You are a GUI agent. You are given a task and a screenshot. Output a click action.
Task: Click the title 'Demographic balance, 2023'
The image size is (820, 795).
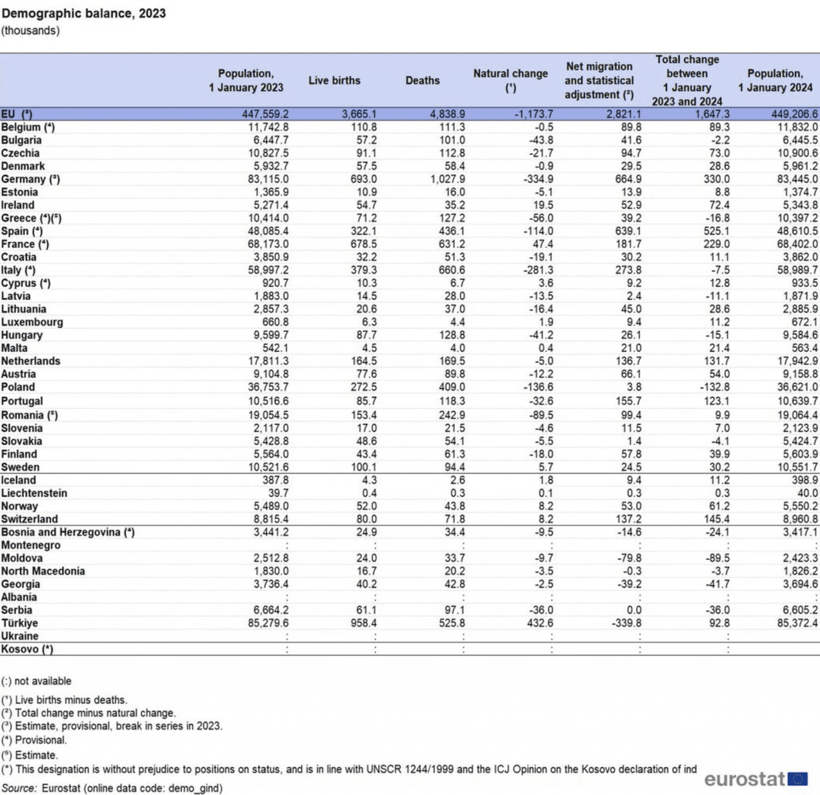(x=84, y=13)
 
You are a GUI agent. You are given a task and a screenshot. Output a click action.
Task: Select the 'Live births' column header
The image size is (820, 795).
(x=334, y=81)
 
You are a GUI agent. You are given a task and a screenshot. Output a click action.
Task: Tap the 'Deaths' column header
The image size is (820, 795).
(x=422, y=81)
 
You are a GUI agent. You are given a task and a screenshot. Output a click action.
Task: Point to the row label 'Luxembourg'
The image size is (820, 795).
(x=32, y=322)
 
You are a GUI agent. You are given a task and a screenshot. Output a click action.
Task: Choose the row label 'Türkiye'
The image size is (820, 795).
(x=20, y=623)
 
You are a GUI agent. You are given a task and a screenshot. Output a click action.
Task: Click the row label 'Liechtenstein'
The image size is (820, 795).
(x=34, y=493)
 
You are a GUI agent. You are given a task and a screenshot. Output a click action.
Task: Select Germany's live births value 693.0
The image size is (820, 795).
(x=363, y=179)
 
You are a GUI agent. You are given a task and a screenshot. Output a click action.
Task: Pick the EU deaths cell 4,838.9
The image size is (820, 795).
(x=447, y=114)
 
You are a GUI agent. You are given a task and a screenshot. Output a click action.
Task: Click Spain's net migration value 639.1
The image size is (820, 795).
(x=628, y=231)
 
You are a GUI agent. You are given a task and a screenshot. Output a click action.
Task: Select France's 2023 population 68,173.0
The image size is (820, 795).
(x=268, y=244)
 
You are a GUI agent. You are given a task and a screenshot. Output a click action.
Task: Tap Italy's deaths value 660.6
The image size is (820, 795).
(x=452, y=270)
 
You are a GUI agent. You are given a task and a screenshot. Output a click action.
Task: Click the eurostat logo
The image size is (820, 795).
(x=755, y=779)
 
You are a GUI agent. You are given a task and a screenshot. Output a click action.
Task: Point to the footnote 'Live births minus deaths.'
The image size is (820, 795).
(x=70, y=700)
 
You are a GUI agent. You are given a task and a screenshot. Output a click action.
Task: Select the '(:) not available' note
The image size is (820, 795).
(x=37, y=681)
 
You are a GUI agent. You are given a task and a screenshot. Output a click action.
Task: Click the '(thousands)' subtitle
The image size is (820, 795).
(x=30, y=31)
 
